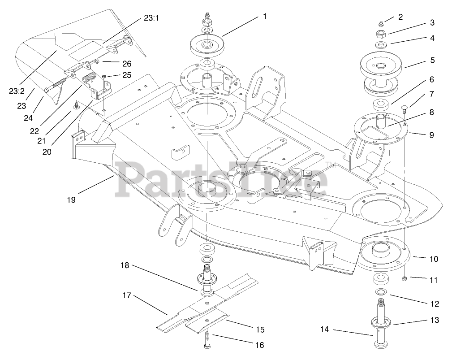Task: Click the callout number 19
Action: point(71,200)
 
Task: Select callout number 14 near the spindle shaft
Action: point(324,330)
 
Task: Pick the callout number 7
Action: point(432,94)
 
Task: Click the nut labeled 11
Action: point(404,278)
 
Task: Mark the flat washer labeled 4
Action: point(380,45)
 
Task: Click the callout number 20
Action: point(47,152)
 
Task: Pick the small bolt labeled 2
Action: point(380,23)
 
